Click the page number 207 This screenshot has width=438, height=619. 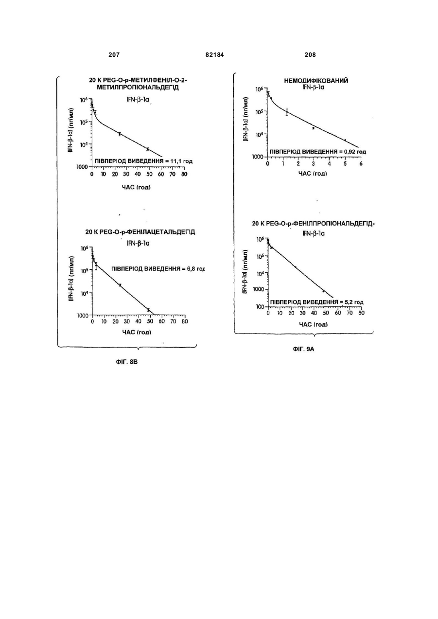point(114,55)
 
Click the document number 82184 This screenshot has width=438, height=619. point(214,55)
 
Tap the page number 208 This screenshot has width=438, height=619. point(310,55)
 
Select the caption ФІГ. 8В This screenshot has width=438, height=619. point(126,362)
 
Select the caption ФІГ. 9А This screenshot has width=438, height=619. point(303,349)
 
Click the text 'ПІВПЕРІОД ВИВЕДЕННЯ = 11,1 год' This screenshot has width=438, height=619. point(144,161)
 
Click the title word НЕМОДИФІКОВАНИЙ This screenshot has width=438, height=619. point(316,81)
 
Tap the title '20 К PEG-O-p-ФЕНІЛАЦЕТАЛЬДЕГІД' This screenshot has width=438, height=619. point(140,232)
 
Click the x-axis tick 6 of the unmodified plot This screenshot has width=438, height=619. point(361,164)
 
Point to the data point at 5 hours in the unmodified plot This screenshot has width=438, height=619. point(345,140)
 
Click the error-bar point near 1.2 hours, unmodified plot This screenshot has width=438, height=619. point(287,112)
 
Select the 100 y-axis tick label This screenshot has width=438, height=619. point(260,307)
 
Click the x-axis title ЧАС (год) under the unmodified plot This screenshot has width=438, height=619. point(313,174)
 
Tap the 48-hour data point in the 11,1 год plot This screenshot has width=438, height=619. point(148,149)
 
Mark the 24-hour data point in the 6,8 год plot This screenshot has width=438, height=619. point(120,285)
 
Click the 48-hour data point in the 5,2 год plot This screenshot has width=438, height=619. point(323,291)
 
